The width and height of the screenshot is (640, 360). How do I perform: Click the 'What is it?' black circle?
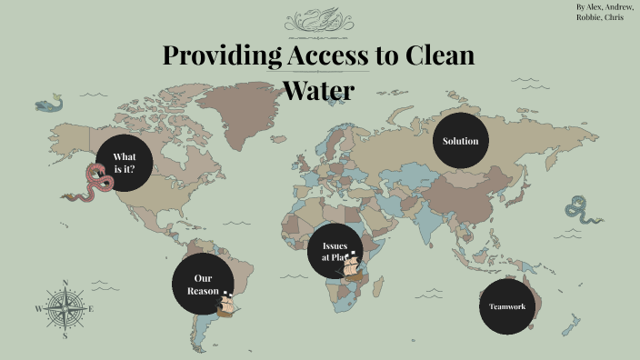click(x=123, y=162)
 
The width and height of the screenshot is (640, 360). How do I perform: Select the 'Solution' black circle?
click(x=460, y=141)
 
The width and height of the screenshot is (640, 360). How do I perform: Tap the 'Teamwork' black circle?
click(x=507, y=306)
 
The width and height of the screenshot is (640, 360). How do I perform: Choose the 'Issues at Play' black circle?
click(x=335, y=251)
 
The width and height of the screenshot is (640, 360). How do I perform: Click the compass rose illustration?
click(x=64, y=309)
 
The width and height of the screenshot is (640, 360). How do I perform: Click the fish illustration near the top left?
click(x=50, y=105)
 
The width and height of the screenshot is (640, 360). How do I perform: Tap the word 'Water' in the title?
click(x=317, y=91)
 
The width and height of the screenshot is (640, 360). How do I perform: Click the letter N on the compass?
click(x=65, y=283)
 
